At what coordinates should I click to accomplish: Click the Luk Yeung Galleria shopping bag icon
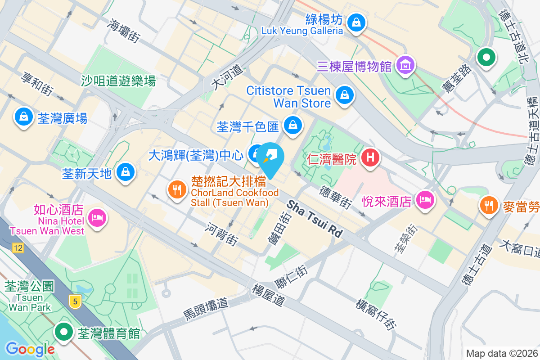tap(356, 21)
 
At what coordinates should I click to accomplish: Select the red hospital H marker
tap(370, 157)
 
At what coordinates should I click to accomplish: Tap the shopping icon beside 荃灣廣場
tap(22, 117)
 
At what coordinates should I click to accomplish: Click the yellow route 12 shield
tap(18, 248)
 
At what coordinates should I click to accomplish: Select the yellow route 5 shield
tap(75, 301)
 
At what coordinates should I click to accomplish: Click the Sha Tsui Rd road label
tap(315, 219)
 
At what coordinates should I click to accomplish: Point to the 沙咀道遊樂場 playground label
tap(118, 81)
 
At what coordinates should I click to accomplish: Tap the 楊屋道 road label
tap(269, 295)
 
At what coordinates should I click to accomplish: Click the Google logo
tap(30, 349)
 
